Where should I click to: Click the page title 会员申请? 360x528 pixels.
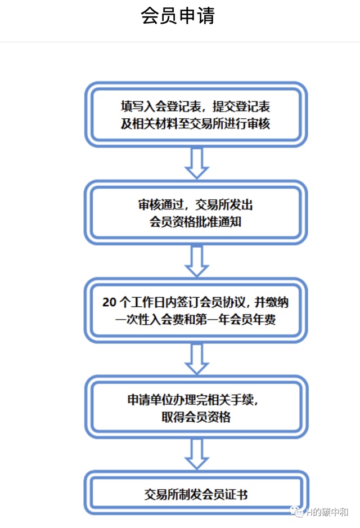(178, 16)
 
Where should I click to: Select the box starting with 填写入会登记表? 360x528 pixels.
(196, 114)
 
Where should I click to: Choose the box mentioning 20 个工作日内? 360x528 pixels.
(196, 310)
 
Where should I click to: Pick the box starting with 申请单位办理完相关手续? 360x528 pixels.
(196, 408)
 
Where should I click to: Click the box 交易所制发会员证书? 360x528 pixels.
(196, 494)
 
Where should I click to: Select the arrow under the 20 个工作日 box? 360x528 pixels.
(197, 359)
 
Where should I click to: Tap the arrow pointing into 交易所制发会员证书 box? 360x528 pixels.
(197, 454)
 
